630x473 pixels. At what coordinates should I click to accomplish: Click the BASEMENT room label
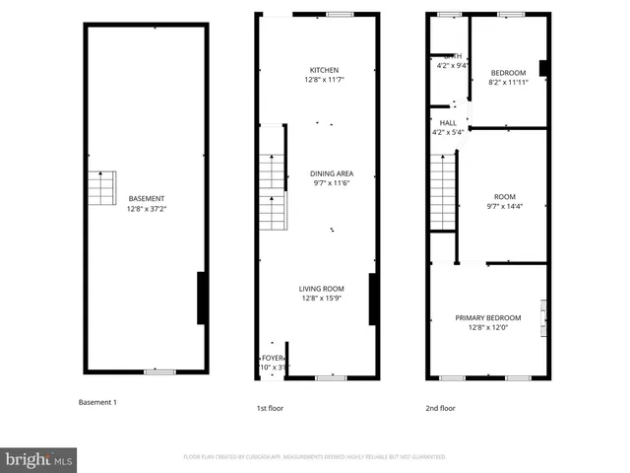(x=145, y=199)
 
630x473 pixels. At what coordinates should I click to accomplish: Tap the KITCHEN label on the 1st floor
(x=324, y=70)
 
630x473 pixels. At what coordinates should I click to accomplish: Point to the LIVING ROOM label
(x=322, y=289)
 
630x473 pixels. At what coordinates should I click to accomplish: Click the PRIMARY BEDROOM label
(x=485, y=317)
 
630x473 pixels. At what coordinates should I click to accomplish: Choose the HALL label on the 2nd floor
(x=448, y=123)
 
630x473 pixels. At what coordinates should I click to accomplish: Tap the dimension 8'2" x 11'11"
(x=508, y=83)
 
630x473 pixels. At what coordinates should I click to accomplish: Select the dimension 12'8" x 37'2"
(x=145, y=209)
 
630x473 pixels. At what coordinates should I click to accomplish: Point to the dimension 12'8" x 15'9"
(x=322, y=299)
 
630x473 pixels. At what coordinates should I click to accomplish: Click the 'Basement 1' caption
(x=97, y=402)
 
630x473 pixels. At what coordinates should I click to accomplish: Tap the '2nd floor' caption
(x=440, y=406)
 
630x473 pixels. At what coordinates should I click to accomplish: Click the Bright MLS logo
(x=38, y=459)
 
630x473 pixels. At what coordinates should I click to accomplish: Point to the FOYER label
(x=268, y=359)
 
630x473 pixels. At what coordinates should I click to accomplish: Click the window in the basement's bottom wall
(x=159, y=372)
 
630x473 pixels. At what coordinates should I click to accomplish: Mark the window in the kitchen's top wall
(x=341, y=14)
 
